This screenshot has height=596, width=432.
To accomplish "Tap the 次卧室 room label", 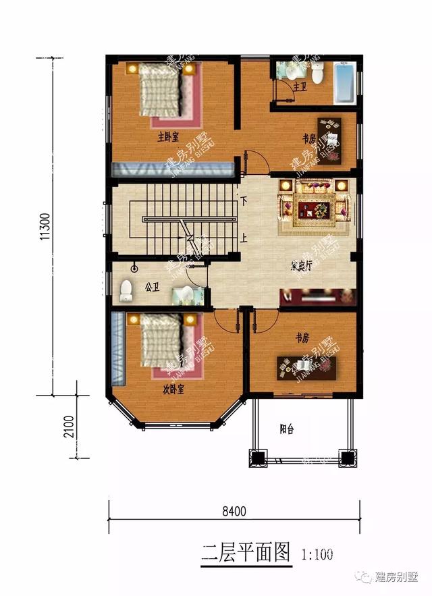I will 173,389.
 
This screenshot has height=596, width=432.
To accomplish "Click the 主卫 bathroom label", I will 300,86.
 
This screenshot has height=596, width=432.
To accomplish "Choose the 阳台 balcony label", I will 287,428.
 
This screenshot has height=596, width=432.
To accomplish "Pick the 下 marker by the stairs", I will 243,200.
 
